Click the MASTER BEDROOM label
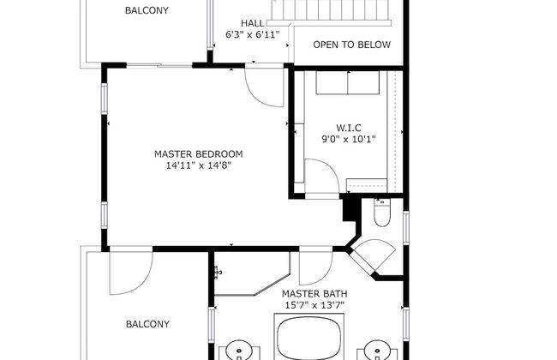[199, 154]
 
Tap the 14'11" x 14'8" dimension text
[199, 165]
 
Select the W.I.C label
[349, 128]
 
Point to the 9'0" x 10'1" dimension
[349, 139]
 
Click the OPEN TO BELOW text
[351, 45]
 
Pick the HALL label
[253, 23]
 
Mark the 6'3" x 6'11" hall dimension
[253, 35]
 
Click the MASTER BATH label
[314, 294]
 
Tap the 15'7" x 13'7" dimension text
[314, 305]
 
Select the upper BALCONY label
[147, 10]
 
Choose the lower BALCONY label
[147, 324]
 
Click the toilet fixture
[382, 213]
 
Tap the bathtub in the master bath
[309, 339]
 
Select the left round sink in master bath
[239, 351]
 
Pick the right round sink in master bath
[377, 351]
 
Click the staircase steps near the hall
[331, 10]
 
